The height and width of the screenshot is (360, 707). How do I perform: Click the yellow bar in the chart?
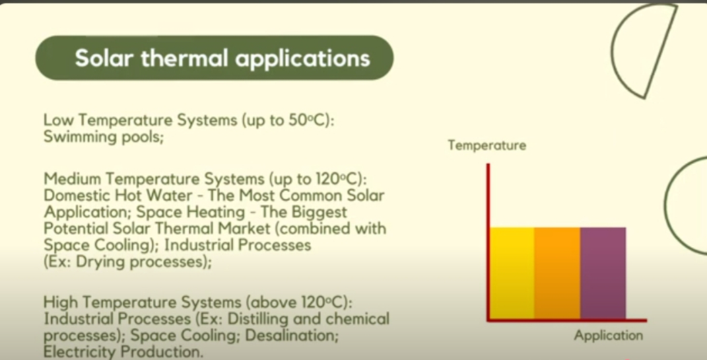[x=512, y=273]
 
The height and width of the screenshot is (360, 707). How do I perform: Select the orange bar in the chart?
[x=558, y=273]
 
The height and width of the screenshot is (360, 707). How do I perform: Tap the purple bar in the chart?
[x=603, y=273]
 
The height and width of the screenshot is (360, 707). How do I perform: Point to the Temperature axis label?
[x=487, y=145]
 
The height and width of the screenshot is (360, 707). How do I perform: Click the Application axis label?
[x=608, y=336]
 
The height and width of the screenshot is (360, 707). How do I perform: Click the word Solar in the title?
[x=105, y=58]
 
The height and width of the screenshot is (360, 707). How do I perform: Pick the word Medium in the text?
[x=72, y=179]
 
